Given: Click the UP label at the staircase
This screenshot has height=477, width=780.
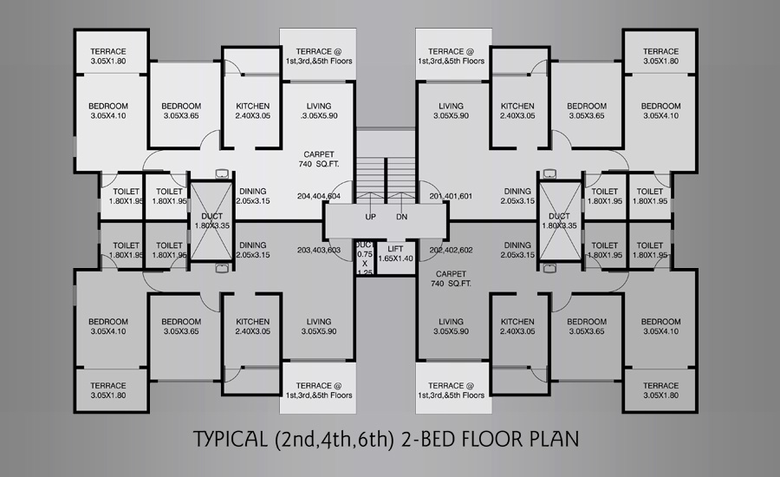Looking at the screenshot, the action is (371, 217).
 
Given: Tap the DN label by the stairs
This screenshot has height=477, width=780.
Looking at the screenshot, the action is (402, 217).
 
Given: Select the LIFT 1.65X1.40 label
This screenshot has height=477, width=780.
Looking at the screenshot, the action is (395, 253).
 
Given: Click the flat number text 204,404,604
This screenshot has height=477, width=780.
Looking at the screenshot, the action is (319, 196).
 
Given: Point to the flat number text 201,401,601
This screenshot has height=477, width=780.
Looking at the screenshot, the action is (452, 196).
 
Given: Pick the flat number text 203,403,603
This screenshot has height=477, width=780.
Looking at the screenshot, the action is (319, 250).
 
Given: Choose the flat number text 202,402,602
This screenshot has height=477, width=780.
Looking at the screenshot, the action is (452, 250).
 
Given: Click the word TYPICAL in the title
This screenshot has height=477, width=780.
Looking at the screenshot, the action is (230, 439).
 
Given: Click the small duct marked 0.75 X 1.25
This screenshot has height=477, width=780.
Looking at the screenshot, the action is (365, 258).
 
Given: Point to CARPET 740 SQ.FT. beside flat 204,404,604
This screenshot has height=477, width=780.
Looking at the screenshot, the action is (319, 160).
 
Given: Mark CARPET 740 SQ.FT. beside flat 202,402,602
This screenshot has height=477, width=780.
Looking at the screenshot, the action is (452, 279).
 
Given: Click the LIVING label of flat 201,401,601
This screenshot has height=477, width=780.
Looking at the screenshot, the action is (452, 110).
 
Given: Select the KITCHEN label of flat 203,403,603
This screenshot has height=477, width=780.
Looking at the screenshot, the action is (253, 326).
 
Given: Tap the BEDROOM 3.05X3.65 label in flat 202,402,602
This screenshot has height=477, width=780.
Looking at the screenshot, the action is (587, 326).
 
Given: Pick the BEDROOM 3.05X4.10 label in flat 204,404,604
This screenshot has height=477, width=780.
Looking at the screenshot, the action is (108, 110).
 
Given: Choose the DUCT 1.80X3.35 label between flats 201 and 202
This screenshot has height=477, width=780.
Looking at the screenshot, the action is (559, 220).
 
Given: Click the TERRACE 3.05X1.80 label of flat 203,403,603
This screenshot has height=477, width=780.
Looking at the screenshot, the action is (108, 390).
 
